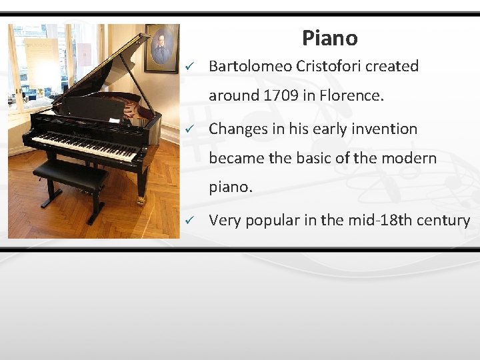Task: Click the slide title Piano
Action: [x=329, y=38]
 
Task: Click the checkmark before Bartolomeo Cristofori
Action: [x=190, y=67]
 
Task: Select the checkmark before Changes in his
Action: [x=190, y=130]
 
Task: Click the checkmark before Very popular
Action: [x=190, y=221]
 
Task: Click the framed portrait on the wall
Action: [x=162, y=48]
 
